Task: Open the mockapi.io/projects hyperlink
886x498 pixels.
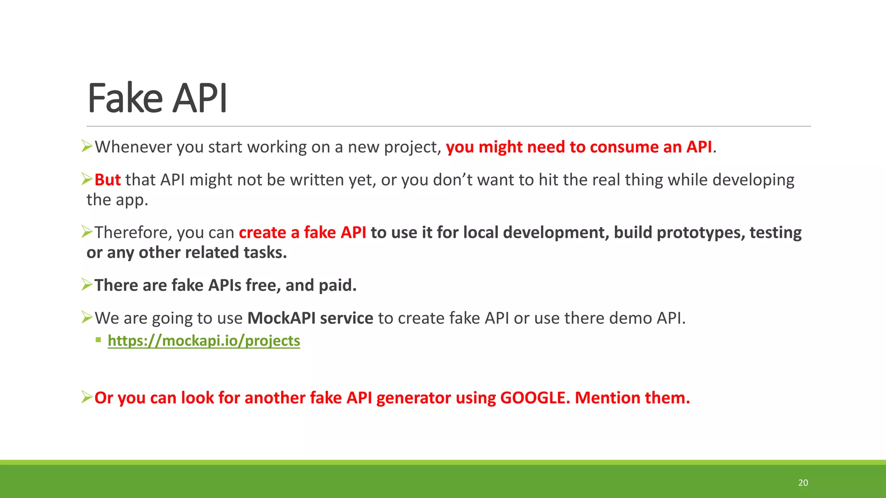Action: [204, 341]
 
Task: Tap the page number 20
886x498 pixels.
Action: [803, 483]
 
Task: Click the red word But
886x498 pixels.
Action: [107, 180]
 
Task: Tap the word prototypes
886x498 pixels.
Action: [700, 233]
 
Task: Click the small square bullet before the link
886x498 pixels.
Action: [99, 340]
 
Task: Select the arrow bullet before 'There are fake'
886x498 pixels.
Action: [87, 284]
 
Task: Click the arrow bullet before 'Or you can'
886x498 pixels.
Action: [87, 397]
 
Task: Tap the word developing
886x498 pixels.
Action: [753, 180]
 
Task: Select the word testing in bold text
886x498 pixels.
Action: [775, 233]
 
